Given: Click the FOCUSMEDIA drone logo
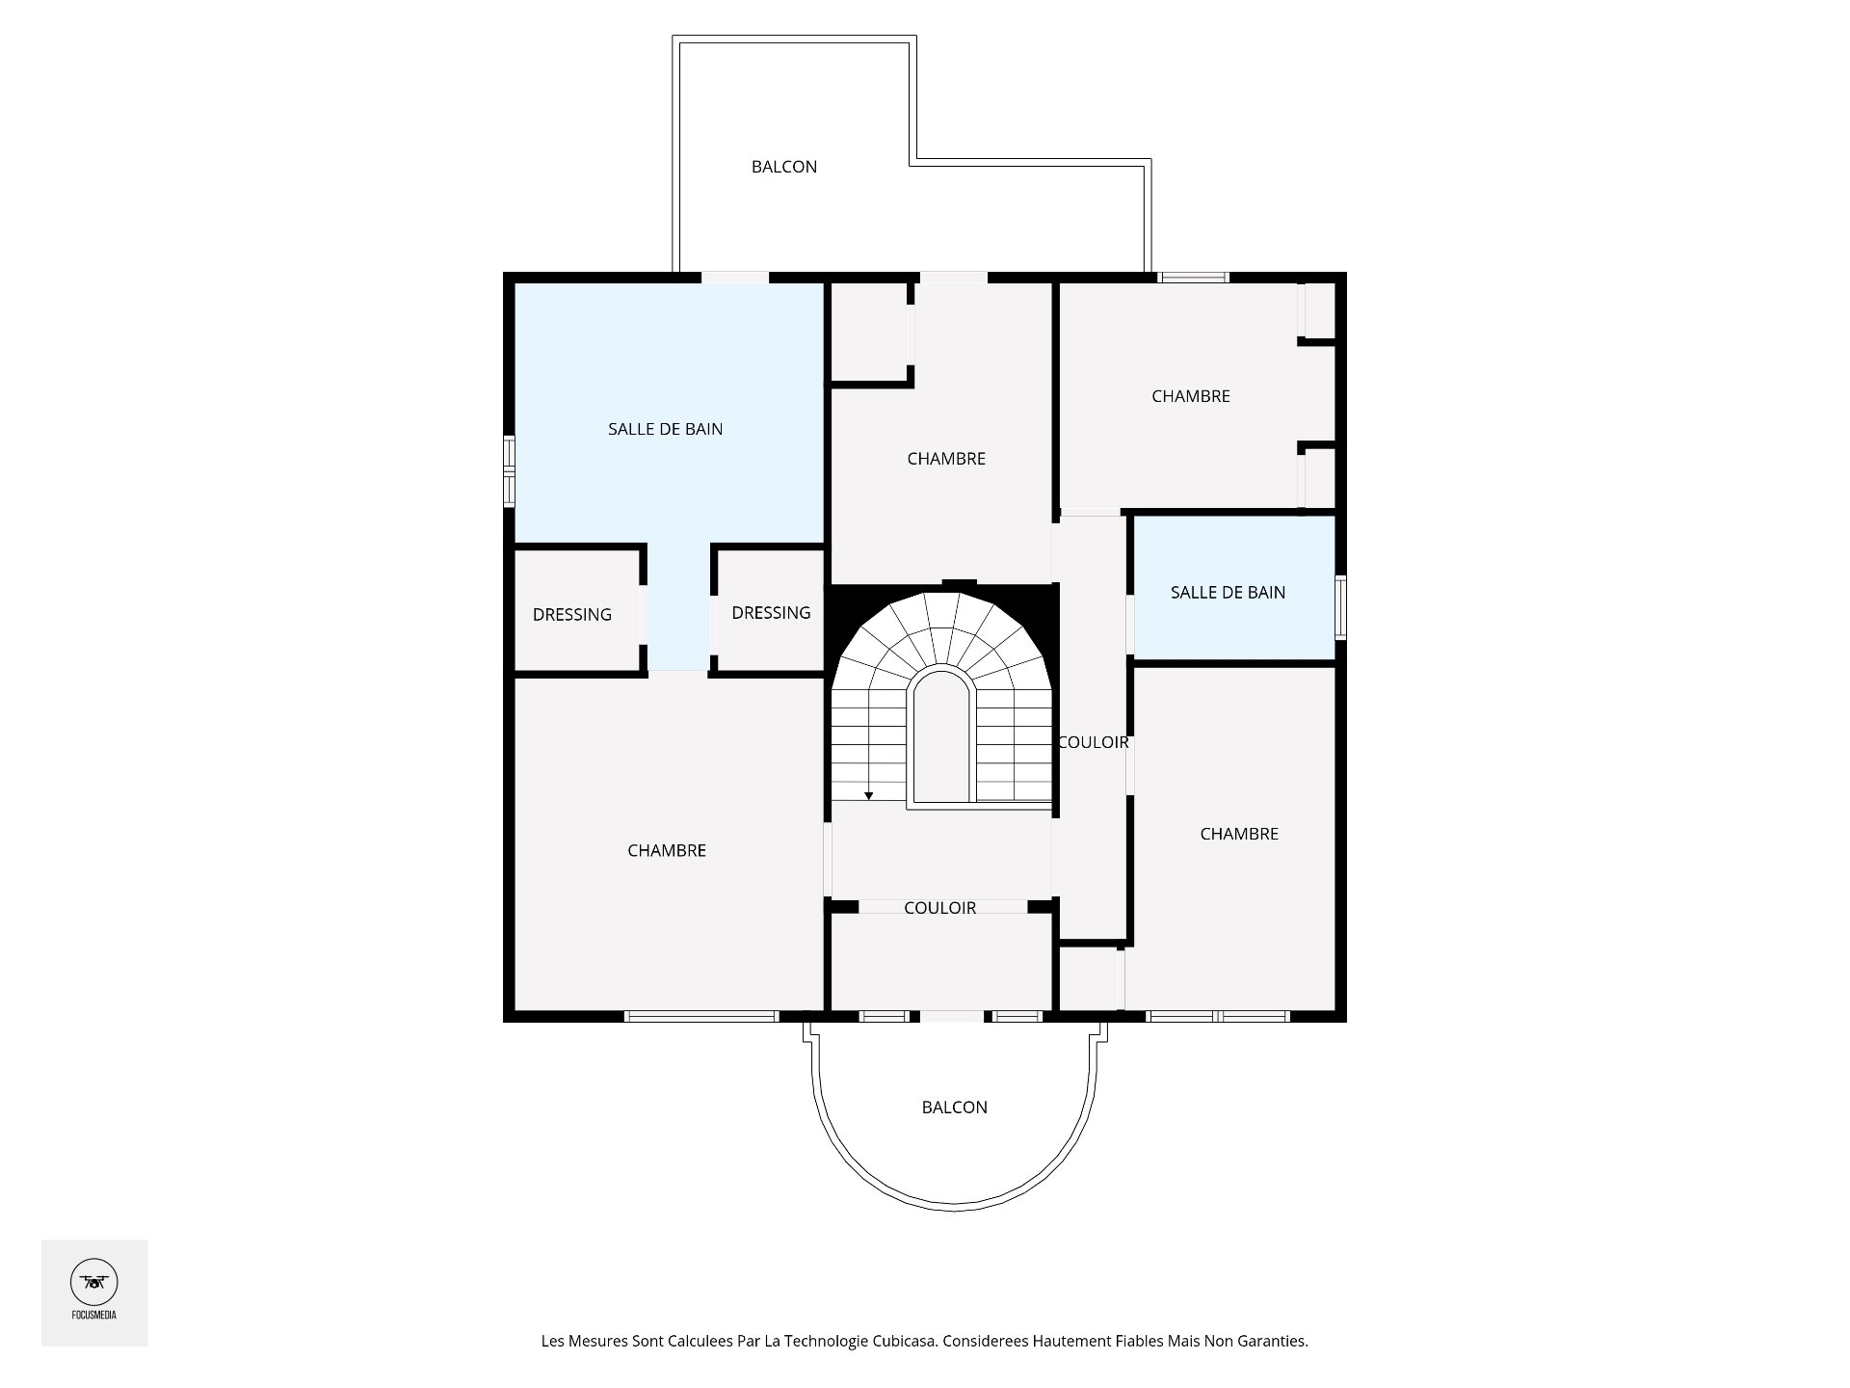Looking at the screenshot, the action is [x=94, y=1283].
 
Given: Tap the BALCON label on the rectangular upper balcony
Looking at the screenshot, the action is [x=784, y=167].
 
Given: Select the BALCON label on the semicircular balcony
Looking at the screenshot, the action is [x=955, y=1108].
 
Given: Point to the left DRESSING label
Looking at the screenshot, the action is [x=572, y=614].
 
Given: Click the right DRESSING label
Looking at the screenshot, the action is [x=771, y=612].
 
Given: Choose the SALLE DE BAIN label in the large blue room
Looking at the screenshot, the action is [x=666, y=429].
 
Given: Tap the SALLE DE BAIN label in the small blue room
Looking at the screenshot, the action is [x=1229, y=592].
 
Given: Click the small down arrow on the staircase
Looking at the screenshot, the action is [x=869, y=795].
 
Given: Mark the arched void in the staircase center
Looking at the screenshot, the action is [x=941, y=735].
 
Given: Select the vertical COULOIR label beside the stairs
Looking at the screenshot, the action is [x=1094, y=742].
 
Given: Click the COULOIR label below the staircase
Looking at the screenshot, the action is [x=940, y=908].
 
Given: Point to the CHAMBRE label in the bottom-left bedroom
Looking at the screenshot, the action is [x=667, y=850].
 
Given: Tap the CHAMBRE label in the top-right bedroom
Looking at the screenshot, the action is [x=1191, y=396].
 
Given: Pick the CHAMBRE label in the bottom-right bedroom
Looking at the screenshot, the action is [x=1239, y=834].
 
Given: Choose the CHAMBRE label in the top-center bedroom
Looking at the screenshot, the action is [x=946, y=459].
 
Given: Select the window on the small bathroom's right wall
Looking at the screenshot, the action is [x=1340, y=607].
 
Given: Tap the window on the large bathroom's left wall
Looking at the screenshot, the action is [x=509, y=471].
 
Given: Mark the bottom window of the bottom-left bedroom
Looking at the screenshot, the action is [x=701, y=1016].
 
